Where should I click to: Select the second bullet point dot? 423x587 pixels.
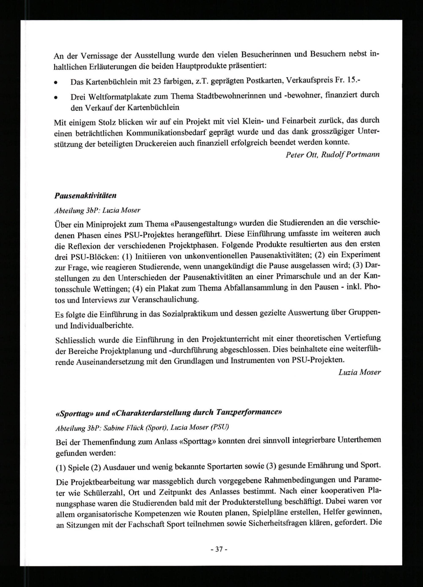pyautogui.click(x=55, y=97)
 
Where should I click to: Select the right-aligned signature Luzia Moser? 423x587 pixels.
pyautogui.click(x=360, y=372)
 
